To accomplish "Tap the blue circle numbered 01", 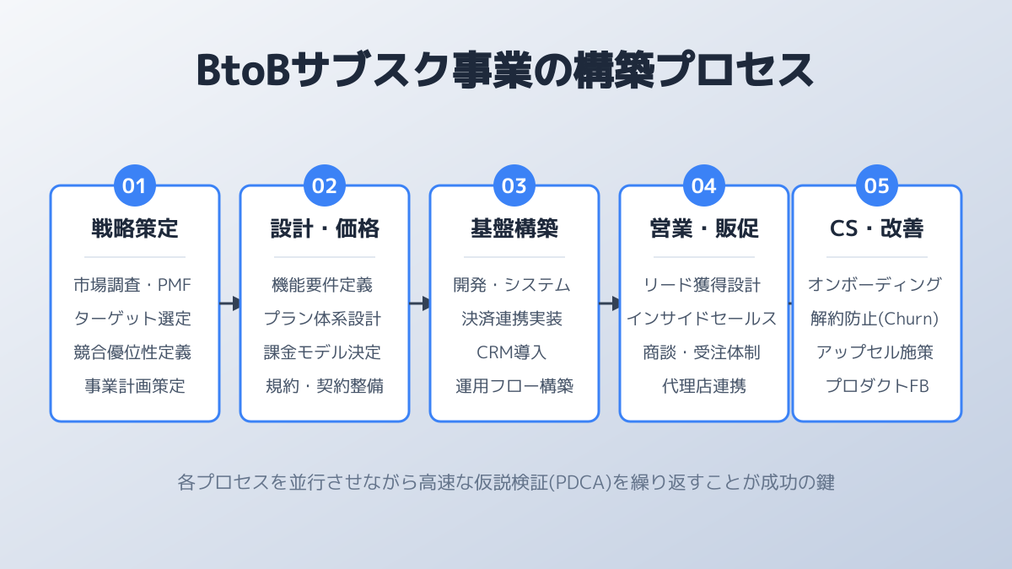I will tap(135, 186).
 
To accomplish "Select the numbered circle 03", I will tap(514, 186).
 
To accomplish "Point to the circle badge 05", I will tap(877, 186).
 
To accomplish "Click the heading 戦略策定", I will tap(135, 228).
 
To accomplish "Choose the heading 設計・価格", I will tap(325, 228).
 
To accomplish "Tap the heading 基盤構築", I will tap(514, 228).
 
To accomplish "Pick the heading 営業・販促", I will tap(704, 228).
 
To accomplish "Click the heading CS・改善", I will tap(877, 228).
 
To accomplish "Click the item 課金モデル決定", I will tap(325, 352).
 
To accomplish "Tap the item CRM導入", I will tap(514, 352).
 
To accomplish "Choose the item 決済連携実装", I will tap(514, 319).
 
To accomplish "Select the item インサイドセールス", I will tap(704, 319).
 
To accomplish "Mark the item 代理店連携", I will tap(704, 386).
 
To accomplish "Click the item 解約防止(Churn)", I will tap(877, 319).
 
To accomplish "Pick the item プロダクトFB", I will tap(877, 386).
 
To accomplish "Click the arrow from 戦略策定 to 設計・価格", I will tap(230, 303).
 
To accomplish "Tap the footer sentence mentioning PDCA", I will tap(506, 483).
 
